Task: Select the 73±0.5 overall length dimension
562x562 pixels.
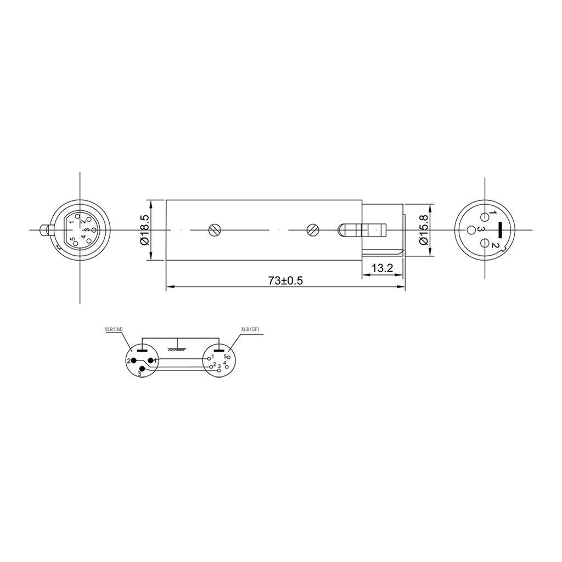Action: (285, 280)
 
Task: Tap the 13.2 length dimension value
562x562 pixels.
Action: (383, 268)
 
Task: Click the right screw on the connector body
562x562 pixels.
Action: (312, 230)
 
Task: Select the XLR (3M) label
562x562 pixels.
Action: (114, 329)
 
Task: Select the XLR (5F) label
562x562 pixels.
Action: (250, 329)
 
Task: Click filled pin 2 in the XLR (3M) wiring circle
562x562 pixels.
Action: (133, 361)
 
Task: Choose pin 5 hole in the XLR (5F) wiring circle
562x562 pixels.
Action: (229, 358)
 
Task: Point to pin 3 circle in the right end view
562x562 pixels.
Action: (471, 229)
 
